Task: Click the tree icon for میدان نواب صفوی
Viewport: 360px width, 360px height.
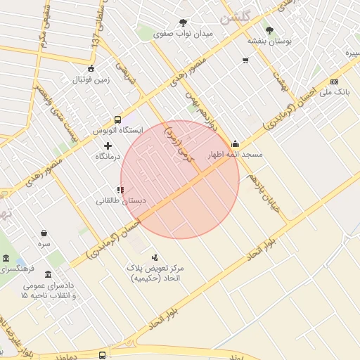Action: (x=184, y=22)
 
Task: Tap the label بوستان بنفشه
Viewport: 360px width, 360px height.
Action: (x=269, y=41)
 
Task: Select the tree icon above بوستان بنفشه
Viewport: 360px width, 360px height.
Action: (x=269, y=30)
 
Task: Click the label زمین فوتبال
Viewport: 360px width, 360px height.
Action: (x=90, y=80)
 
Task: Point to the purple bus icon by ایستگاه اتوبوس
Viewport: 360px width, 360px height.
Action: (x=117, y=120)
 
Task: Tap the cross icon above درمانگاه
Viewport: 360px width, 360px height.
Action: (x=108, y=145)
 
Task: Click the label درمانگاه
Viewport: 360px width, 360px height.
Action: (x=108, y=156)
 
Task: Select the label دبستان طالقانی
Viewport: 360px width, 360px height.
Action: (x=121, y=201)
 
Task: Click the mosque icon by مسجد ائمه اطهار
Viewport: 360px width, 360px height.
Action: (x=235, y=143)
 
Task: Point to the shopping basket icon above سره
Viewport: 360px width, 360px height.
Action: (x=44, y=233)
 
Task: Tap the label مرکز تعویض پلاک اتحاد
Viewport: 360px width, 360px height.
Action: (x=155, y=274)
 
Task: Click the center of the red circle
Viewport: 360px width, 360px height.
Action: (x=180, y=179)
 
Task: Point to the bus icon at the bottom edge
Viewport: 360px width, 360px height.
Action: (x=103, y=355)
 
